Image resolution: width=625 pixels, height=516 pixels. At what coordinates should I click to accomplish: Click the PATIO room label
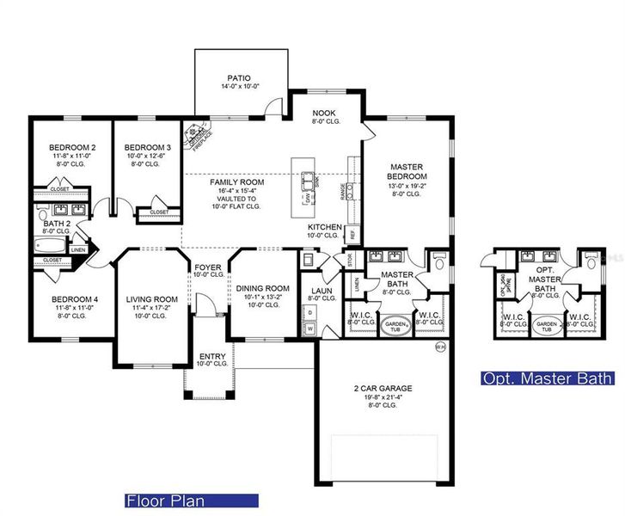coord(240,77)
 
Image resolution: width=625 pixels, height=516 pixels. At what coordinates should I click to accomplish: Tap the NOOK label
coord(325,113)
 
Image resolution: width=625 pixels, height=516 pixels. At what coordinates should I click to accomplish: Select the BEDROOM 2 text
coord(72,147)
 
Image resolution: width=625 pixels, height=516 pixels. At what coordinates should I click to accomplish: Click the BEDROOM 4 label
coord(72,299)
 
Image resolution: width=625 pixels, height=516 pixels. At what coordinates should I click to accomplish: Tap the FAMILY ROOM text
coord(237,182)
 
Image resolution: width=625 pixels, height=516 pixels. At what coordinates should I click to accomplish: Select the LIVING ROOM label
coord(151,300)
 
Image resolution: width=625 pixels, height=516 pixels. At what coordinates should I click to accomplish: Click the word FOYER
coord(208,267)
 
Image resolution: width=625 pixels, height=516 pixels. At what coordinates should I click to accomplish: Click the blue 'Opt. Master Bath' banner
coord(547,378)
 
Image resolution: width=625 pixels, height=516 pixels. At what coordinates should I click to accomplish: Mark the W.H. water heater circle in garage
coord(440,347)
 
